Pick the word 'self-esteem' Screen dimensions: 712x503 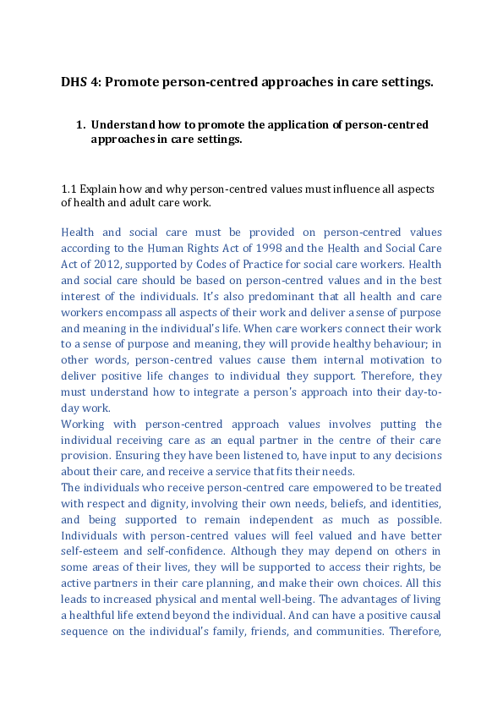(90, 553)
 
